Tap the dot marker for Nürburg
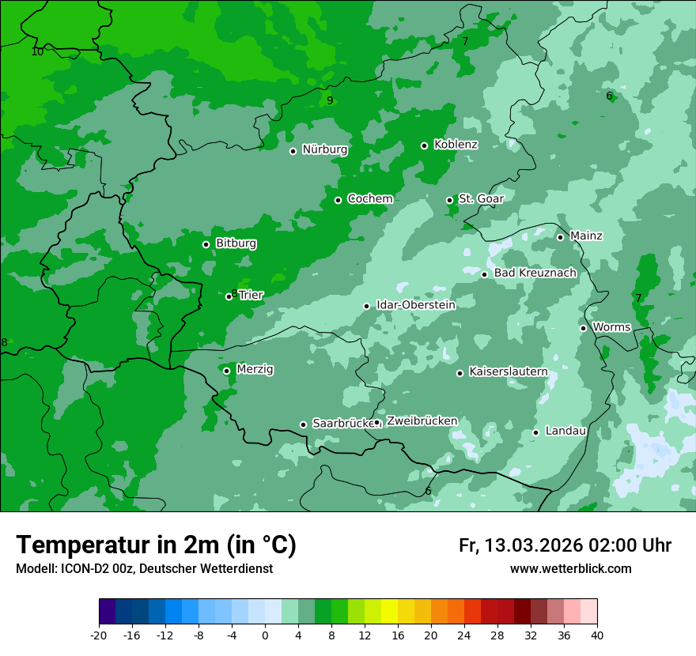tap(293, 151)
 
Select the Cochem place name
tap(369, 199)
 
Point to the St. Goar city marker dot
tap(449, 200)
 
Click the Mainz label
tap(586, 236)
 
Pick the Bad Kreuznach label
tap(535, 273)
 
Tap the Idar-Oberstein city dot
tap(366, 306)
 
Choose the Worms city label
tap(611, 327)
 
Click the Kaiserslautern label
tap(508, 371)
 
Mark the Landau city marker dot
tap(535, 432)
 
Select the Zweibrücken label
tap(422, 421)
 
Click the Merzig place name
tap(255, 369)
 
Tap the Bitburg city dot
tap(206, 244)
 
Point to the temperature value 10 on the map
tap(37, 52)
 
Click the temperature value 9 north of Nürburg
tap(330, 100)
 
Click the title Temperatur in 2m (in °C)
tap(156, 545)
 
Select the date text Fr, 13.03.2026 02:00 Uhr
tap(565, 545)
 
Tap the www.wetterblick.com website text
tap(570, 569)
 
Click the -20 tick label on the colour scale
tap(99, 635)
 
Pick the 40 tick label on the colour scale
tap(597, 635)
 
